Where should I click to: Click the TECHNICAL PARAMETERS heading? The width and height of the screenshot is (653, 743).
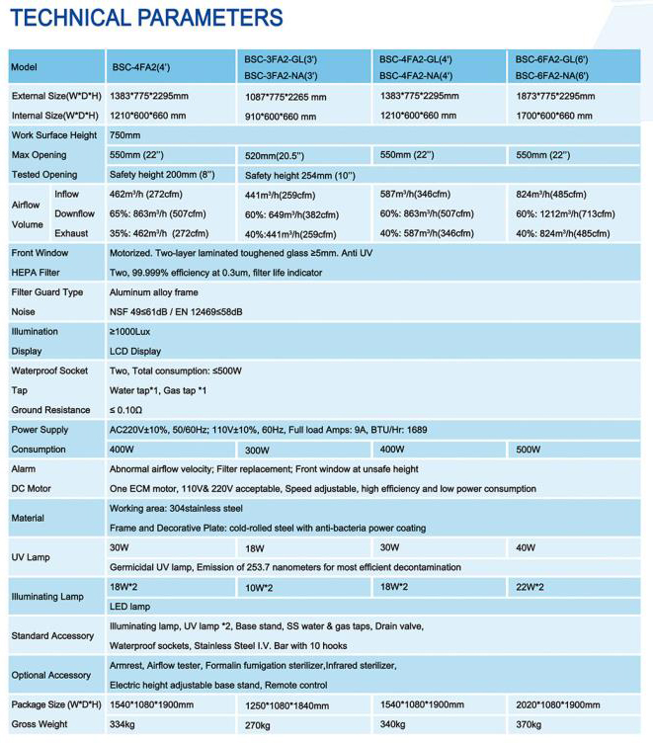(x=146, y=18)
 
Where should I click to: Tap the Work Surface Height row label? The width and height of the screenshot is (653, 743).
(x=54, y=135)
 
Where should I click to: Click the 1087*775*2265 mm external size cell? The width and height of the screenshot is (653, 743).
(x=287, y=97)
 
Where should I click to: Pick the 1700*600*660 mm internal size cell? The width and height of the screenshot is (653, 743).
(x=554, y=116)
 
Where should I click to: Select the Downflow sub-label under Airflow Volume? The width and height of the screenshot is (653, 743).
(x=75, y=213)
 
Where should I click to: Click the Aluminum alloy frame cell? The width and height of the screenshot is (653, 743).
(x=153, y=292)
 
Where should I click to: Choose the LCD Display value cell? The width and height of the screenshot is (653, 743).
(x=135, y=351)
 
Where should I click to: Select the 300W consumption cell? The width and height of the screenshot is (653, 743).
(x=258, y=450)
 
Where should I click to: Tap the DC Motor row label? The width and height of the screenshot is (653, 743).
(x=32, y=489)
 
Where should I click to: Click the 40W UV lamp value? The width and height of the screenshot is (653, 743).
(x=526, y=547)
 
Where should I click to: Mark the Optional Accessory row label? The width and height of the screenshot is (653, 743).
(x=50, y=675)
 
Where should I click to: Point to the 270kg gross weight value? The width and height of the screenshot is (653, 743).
(x=257, y=726)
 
